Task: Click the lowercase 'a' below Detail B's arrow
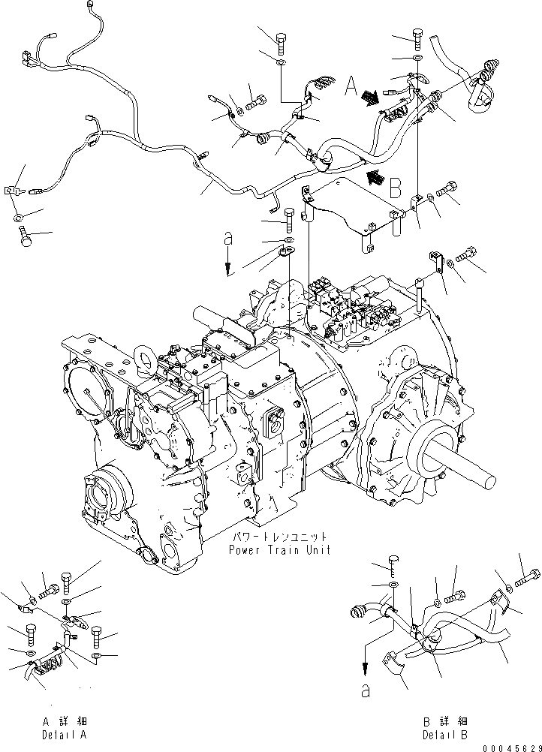tap(366, 692)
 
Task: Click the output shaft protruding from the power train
tap(465, 461)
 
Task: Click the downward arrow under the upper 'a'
tap(228, 264)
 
